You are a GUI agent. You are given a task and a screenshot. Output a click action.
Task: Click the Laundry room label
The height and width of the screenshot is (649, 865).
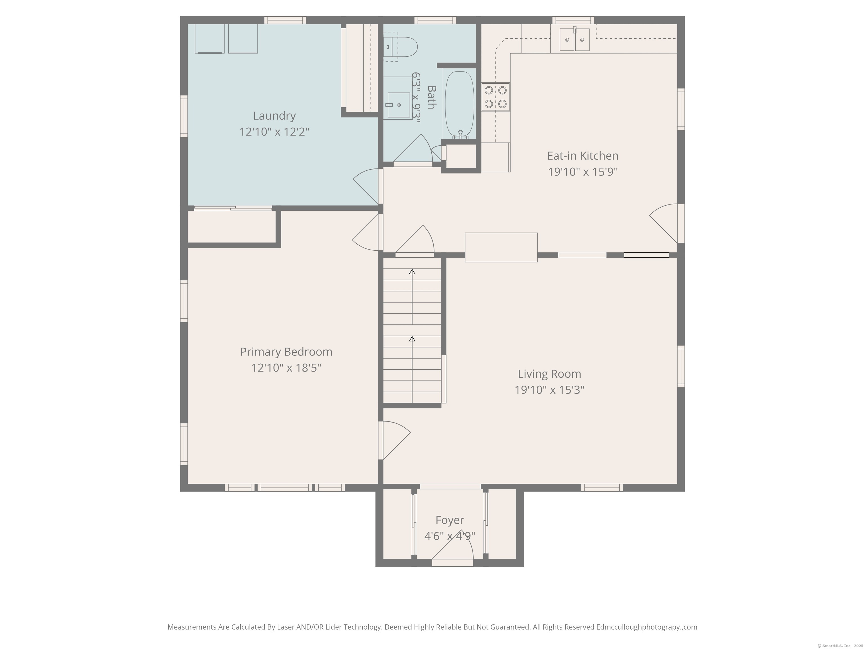click(274, 116)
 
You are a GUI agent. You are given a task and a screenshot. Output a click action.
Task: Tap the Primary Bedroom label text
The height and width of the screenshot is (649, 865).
click(286, 352)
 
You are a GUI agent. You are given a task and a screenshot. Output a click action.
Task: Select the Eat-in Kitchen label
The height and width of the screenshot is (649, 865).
click(583, 156)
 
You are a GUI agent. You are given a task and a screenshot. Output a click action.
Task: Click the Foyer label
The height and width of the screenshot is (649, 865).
click(450, 520)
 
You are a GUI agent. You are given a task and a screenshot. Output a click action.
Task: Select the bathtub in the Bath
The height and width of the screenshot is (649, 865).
click(460, 105)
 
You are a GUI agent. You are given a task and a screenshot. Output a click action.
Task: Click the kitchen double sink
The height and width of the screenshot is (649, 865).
click(574, 39)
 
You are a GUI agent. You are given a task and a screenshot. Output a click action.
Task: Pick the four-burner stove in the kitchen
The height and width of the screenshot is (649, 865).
click(496, 97)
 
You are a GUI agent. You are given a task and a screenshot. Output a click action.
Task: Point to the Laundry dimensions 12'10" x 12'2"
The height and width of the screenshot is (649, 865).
click(274, 132)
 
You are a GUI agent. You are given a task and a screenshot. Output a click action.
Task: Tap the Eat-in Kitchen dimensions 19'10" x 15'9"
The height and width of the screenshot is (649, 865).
click(583, 172)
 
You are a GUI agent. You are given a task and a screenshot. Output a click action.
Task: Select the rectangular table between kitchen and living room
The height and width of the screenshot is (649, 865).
click(501, 247)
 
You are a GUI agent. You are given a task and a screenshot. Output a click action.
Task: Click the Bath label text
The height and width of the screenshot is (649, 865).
click(432, 97)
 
